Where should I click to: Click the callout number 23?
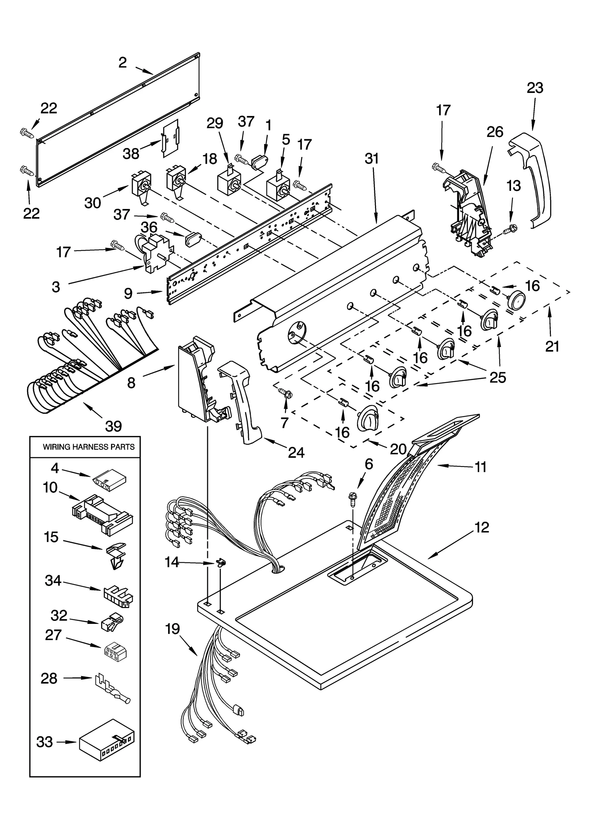coord(534,88)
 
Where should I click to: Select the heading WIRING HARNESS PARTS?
coord(88,447)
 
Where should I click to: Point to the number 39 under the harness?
coord(114,426)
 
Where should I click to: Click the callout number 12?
coord(482,528)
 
